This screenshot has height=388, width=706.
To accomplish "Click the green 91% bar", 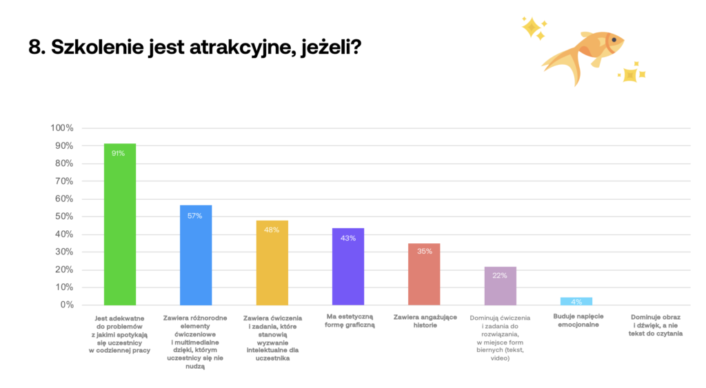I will coord(119,227).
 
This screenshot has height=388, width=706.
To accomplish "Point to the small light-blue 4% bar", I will coord(576,301).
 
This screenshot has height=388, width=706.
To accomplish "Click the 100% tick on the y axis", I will coord(62,128).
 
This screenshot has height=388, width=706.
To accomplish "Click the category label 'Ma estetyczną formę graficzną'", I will coord(348,321).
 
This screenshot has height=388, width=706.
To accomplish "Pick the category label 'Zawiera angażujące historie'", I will coord(424,321).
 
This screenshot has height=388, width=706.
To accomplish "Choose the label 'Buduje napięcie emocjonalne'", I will coord(576,321).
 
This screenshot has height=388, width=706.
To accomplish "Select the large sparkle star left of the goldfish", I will coord(532,28).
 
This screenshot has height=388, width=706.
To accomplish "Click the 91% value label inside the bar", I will coord(119,153).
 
